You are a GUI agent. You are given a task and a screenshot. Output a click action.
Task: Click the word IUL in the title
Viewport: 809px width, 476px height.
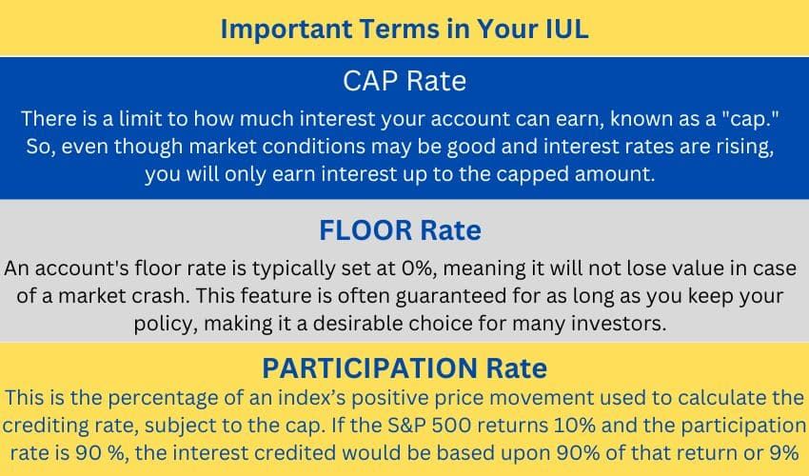567,29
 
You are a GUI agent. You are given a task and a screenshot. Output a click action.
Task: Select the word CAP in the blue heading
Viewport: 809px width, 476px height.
370,81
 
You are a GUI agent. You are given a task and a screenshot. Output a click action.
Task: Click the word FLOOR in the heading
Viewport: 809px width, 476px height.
365,230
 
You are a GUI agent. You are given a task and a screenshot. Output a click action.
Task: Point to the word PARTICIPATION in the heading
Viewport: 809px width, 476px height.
370,368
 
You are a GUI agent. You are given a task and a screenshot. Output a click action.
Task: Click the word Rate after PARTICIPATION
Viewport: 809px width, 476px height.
517,368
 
